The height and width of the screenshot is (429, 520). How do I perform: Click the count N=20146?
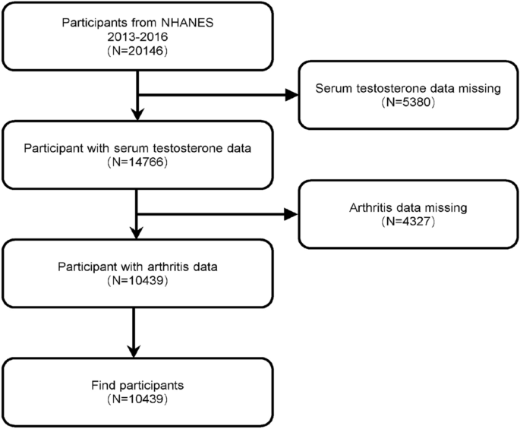tap(137, 55)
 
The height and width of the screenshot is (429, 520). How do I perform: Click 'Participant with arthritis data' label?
tap(137, 266)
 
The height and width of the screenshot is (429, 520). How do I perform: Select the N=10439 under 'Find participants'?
tap(137, 399)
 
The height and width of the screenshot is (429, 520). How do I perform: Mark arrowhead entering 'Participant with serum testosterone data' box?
tap(137, 115)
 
